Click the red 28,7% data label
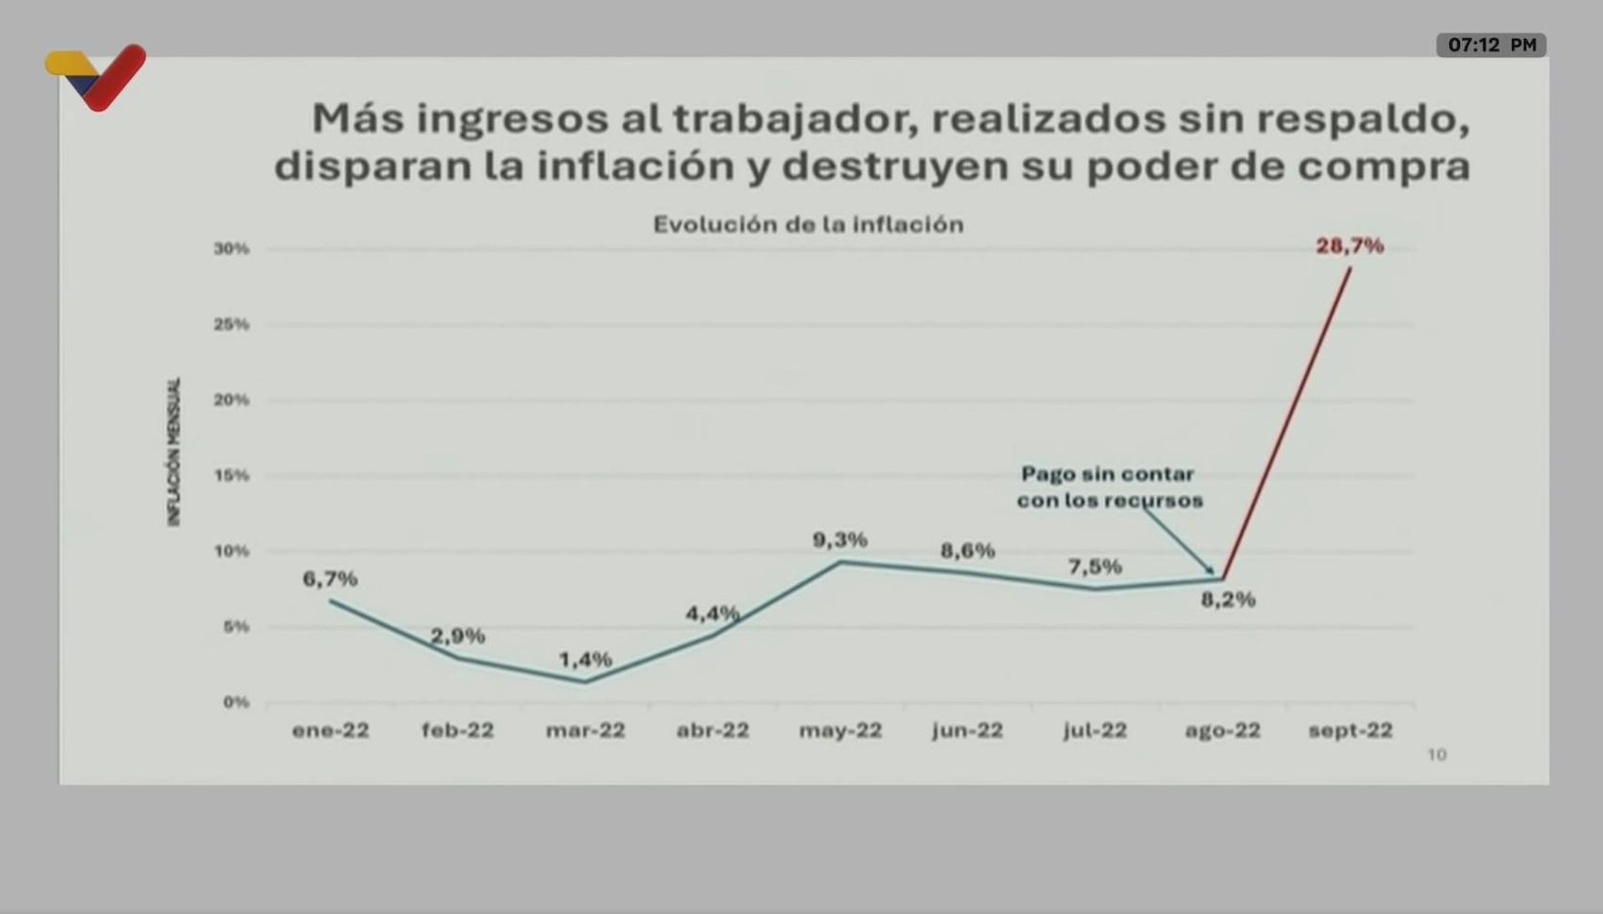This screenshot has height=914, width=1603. click(x=1349, y=246)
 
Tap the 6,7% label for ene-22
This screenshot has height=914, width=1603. click(x=330, y=580)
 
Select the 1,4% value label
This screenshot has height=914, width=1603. click(x=585, y=659)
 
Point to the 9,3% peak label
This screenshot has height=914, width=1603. click(x=840, y=540)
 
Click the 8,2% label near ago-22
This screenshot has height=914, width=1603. click(x=1227, y=599)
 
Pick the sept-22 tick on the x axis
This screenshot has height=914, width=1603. click(x=1350, y=731)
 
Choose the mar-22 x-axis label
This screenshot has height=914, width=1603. click(x=585, y=731)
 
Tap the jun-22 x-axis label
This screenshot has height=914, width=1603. click(x=967, y=731)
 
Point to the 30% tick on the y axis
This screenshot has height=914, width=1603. click(x=232, y=249)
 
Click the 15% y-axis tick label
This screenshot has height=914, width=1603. click(x=232, y=475)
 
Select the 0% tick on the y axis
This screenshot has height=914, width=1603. click(x=236, y=703)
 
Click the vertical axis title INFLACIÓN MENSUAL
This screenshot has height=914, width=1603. click(x=174, y=452)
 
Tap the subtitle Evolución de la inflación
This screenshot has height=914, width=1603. click(x=808, y=225)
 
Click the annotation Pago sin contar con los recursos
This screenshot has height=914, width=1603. click(x=1108, y=488)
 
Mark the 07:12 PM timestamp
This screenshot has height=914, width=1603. click(x=1491, y=45)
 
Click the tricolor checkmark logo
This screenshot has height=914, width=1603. click(x=96, y=76)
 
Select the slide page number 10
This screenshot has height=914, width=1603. click(x=1437, y=755)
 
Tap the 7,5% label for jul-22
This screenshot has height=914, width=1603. click(x=1094, y=566)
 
